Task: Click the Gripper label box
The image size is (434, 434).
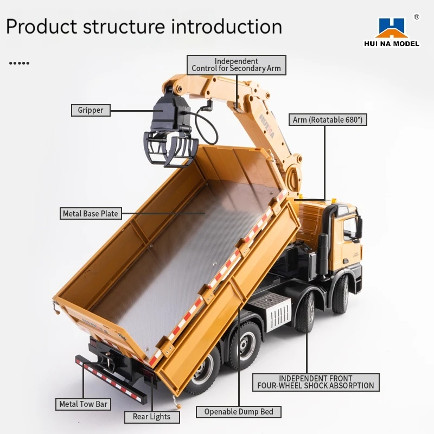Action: pyautogui.click(x=91, y=110)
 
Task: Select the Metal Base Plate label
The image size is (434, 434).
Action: pyautogui.click(x=91, y=213)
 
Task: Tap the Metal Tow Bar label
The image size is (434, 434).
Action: pyautogui.click(x=84, y=404)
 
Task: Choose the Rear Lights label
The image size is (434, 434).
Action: pyautogui.click(x=152, y=417)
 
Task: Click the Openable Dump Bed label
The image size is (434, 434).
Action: pyautogui.click(x=239, y=412)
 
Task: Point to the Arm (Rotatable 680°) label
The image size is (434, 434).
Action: pyautogui.click(x=328, y=119)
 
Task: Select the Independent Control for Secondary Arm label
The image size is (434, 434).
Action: pyautogui.click(x=237, y=65)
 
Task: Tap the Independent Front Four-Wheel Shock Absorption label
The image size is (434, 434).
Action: pyautogui.click(x=316, y=382)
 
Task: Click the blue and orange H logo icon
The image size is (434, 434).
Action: pyautogui.click(x=392, y=28)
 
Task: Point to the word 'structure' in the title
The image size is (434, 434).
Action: pyautogui.click(x=124, y=27)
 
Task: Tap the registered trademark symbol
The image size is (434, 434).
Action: pyautogui.click(x=417, y=17)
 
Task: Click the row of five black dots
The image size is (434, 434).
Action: pyautogui.click(x=19, y=63)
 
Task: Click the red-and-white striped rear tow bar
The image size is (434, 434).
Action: pyautogui.click(x=111, y=379)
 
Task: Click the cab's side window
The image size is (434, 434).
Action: pyautogui.click(x=350, y=229)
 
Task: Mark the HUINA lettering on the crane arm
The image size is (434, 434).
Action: pyautogui.click(x=267, y=126)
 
